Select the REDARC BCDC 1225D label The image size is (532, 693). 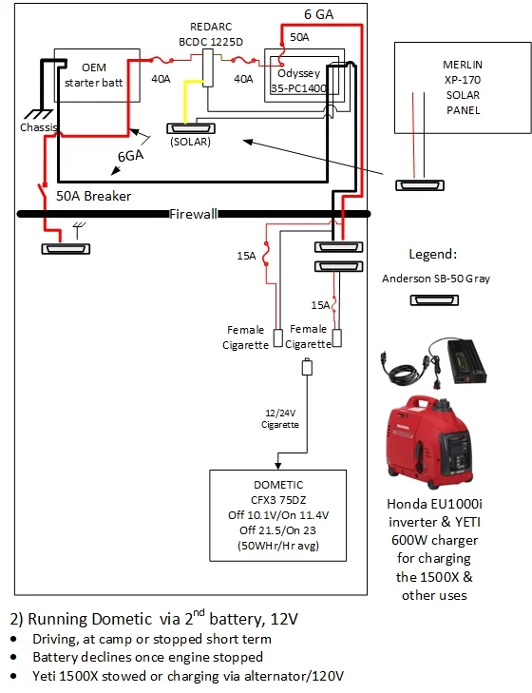[x=211, y=34]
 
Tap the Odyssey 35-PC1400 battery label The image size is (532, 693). [x=298, y=81]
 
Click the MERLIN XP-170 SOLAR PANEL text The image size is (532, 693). [x=463, y=87]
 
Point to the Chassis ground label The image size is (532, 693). [x=39, y=127]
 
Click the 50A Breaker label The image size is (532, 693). [x=94, y=196]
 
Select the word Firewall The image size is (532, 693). [x=194, y=214]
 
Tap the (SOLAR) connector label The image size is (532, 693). [x=190, y=142]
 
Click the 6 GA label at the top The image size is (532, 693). [x=318, y=14]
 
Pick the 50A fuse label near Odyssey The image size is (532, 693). [x=299, y=38]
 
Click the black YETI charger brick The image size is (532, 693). [x=467, y=360]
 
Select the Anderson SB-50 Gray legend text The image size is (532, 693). [x=436, y=279]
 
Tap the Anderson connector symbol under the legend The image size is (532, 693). [x=434, y=300]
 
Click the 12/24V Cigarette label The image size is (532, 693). [x=280, y=418]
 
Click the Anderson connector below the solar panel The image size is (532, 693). [x=420, y=185]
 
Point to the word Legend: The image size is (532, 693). [x=433, y=254]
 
